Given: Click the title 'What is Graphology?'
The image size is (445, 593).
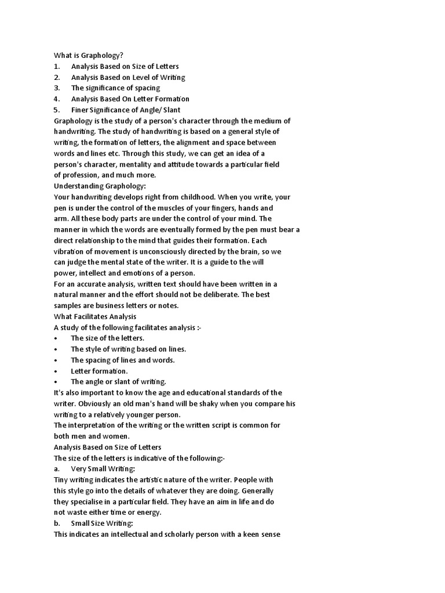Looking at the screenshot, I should pyautogui.click(x=89, y=56).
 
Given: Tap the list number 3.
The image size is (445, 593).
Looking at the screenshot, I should pyautogui.click(x=57, y=88).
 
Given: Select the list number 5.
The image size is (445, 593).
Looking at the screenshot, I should pyautogui.click(x=57, y=110).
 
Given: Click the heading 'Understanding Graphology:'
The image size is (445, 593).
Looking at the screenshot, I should pyautogui.click(x=100, y=186).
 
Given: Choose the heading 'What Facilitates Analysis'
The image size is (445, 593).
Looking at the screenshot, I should pyautogui.click(x=95, y=316).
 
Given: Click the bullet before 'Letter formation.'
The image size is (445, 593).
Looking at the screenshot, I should pyautogui.click(x=56, y=371).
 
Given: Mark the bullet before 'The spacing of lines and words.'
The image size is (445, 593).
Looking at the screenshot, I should pyautogui.click(x=56, y=360).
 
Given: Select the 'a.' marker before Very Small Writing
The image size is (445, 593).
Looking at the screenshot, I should pyautogui.click(x=57, y=469).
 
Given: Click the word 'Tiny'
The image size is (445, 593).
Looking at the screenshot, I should pyautogui.click(x=61, y=480).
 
